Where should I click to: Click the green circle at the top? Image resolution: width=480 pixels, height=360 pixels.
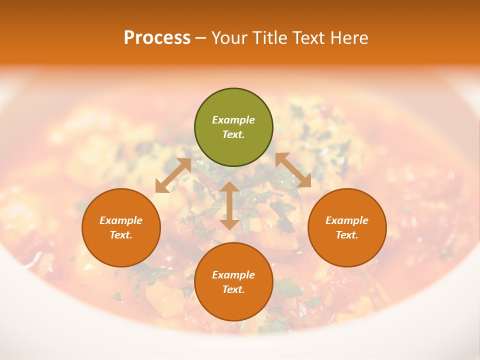pos(233,127)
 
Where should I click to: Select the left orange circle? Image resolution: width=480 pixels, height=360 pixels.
pos(121,227)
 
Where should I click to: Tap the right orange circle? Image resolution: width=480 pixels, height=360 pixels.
pos(347,227)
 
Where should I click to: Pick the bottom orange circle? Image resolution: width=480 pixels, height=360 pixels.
pos(233,282)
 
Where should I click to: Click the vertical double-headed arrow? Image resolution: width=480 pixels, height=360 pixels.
pos(229,205)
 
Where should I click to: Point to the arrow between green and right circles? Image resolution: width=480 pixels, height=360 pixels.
pos(293,170)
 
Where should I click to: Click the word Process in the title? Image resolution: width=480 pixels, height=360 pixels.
pos(157,38)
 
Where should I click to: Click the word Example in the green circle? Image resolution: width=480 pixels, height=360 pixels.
pos(233,120)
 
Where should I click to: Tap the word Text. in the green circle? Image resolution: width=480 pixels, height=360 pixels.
pos(233,134)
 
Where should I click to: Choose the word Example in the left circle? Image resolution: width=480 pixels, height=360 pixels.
pos(121,220)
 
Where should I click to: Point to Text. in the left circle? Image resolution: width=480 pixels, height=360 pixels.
pos(121,235)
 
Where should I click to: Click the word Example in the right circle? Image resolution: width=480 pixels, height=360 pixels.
pos(347,220)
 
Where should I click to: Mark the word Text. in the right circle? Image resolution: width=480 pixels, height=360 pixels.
pos(347,235)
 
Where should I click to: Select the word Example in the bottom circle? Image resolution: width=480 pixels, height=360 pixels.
pos(233,275)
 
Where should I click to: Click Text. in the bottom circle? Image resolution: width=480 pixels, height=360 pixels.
pos(233,289)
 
